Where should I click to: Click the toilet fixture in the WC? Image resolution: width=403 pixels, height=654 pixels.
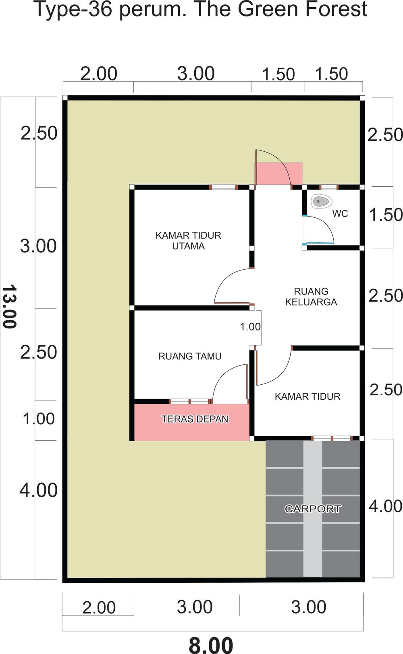click(322, 201)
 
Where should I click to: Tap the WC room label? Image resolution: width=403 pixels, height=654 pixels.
click(340, 214)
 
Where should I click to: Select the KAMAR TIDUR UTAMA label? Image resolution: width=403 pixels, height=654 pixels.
click(188, 241)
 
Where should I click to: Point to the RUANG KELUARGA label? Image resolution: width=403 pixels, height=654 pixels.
click(311, 296)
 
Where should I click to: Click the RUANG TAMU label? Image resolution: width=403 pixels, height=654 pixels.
click(190, 356)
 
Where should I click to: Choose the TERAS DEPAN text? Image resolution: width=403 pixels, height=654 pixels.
click(195, 419)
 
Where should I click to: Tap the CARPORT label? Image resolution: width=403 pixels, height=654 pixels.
click(313, 509)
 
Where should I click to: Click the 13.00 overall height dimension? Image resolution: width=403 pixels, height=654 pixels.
click(9, 307)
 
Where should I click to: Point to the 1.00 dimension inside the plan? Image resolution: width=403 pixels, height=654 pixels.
click(250, 327)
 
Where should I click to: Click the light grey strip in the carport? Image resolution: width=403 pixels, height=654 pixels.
click(313, 509)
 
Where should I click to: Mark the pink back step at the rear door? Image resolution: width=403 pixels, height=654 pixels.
click(279, 174)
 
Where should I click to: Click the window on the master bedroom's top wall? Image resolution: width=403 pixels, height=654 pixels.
click(223, 187)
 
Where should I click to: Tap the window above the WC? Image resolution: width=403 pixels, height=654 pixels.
click(329, 187)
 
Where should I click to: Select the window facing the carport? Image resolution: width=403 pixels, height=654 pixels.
click(332, 438)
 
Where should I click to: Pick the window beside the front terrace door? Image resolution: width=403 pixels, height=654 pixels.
click(190, 402)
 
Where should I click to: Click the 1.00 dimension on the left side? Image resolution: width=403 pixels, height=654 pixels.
click(39, 419)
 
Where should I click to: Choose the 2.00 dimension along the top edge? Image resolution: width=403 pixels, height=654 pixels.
click(99, 74)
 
